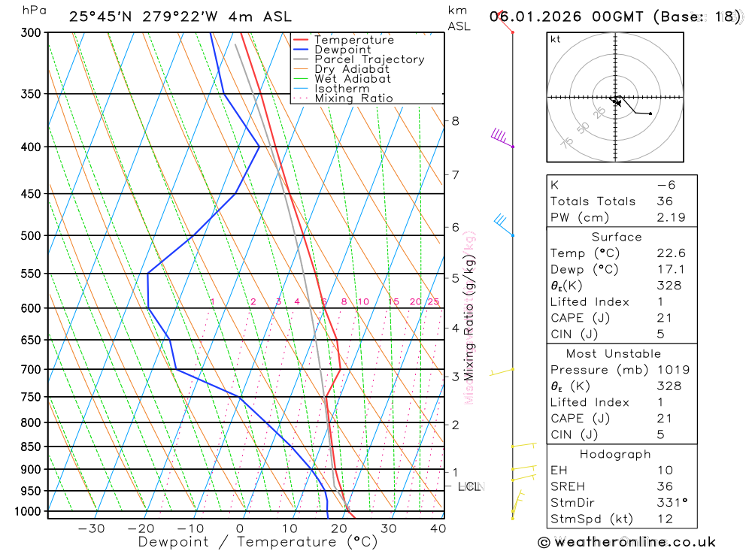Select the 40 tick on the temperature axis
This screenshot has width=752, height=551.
438,528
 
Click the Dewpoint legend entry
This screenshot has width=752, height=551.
342,50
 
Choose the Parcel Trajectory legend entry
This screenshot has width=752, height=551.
368,59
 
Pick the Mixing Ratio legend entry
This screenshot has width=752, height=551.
353,98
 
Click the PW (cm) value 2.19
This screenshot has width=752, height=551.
669,217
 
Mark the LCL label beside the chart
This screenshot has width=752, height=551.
470,486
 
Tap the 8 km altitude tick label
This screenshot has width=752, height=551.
455,120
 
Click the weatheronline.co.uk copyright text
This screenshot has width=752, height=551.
626,542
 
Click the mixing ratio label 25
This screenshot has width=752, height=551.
433,302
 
